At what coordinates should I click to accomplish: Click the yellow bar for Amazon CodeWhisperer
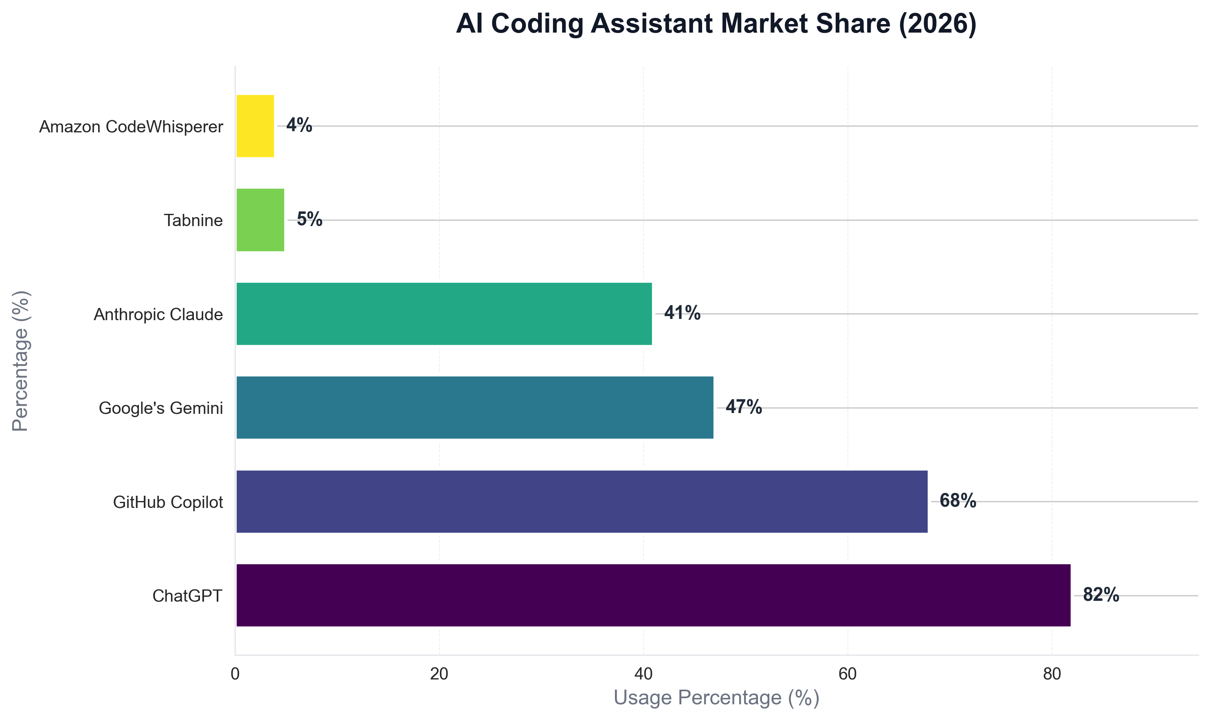coord(255,126)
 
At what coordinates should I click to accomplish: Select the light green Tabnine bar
coord(260,220)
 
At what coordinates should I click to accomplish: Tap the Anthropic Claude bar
coord(444,314)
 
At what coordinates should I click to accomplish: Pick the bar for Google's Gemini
coord(474,408)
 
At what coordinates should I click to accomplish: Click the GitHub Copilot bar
coord(582,501)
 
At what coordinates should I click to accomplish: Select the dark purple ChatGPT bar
coord(653,595)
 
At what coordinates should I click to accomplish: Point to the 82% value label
coord(1101,595)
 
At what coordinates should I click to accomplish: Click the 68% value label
coord(957,501)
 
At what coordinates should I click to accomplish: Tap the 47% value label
coord(743,407)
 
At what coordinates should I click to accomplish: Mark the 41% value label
coord(682,313)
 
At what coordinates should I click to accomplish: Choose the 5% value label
coord(310,220)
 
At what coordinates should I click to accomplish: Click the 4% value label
coord(299,125)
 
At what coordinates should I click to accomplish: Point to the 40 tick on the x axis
coord(643,674)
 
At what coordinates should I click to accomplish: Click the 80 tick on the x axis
coord(1052,674)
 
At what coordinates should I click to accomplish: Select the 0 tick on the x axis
coord(235,674)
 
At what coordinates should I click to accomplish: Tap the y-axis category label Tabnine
coord(193,220)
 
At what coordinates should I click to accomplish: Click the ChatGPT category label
coord(187,596)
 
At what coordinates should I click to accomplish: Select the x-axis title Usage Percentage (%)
coord(716,698)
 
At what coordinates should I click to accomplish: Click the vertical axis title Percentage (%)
coord(20,361)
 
